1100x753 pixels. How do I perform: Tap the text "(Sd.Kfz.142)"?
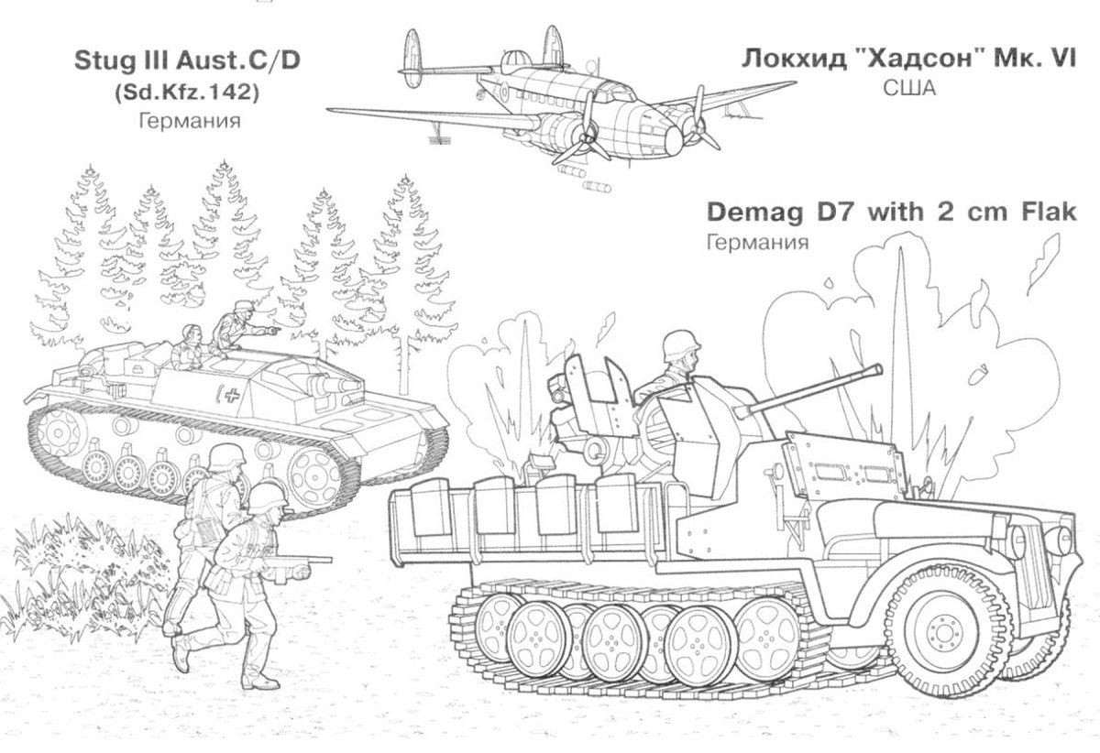(187, 92)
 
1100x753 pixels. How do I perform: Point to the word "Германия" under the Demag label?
(756, 243)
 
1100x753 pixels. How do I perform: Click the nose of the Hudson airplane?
(675, 139)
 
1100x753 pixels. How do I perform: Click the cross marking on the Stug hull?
(234, 396)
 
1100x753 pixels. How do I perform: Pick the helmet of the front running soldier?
(269, 497)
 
